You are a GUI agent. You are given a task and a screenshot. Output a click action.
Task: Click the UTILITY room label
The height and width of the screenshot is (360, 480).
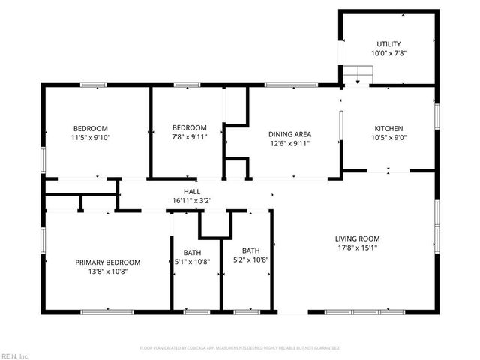388,44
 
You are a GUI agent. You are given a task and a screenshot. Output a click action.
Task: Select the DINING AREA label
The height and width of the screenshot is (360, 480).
290,134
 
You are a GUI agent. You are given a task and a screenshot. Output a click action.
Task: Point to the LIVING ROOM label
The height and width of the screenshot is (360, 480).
356,239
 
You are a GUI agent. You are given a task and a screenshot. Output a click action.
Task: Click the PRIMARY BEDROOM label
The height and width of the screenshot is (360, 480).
108,262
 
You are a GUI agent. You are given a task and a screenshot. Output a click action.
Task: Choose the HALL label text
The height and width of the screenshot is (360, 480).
181,192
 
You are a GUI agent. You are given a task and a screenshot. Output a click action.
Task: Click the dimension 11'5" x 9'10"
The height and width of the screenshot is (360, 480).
90,137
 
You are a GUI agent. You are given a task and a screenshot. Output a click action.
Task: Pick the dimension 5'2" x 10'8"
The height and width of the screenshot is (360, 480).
250,259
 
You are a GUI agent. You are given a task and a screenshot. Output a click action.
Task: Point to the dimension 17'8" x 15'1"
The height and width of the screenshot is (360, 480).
356,248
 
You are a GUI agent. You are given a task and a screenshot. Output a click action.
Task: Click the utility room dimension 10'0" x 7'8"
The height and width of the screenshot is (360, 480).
388,53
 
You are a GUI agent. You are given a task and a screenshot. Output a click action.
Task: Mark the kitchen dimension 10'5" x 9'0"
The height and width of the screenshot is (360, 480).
388,137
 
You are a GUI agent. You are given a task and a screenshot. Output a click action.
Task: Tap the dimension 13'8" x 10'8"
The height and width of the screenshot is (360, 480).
108,271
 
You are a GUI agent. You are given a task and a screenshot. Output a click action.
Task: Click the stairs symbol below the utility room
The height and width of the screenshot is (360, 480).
358,75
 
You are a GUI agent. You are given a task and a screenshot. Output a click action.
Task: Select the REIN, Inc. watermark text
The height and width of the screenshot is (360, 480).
15,355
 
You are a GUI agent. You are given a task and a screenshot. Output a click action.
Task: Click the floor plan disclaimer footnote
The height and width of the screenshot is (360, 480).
240,348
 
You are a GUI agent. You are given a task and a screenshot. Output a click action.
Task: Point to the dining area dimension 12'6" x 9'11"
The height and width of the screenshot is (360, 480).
290,143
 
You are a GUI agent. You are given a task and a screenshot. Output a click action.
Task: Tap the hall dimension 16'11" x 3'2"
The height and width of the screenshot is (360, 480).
181,201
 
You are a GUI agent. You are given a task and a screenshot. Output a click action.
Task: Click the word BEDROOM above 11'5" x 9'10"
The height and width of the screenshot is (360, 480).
90,128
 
